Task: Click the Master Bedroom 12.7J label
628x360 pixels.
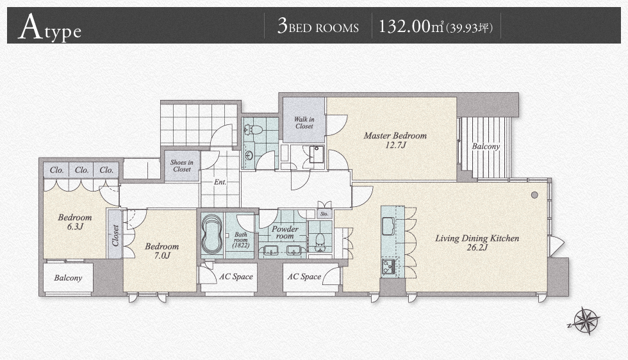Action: pyautogui.click(x=395, y=140)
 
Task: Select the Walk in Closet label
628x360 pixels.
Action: pyautogui.click(x=304, y=122)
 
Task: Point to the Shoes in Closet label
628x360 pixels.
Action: pyautogui.click(x=182, y=166)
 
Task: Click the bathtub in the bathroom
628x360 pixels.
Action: pyautogui.click(x=211, y=236)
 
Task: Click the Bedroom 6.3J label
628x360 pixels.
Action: pyautogui.click(x=75, y=222)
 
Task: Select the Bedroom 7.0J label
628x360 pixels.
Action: pyautogui.click(x=161, y=250)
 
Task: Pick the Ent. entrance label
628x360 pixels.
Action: pyautogui.click(x=220, y=182)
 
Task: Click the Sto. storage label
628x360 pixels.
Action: pyautogui.click(x=324, y=214)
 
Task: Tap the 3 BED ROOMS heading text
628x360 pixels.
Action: pyautogui.click(x=318, y=27)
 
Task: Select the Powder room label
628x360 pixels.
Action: pyautogui.click(x=285, y=233)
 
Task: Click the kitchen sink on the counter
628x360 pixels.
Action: pyautogui.click(x=388, y=226)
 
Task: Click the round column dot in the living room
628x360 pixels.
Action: pyautogui.click(x=534, y=195)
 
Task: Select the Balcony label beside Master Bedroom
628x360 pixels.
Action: pyautogui.click(x=486, y=147)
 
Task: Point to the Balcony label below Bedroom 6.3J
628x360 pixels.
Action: pyautogui.click(x=68, y=278)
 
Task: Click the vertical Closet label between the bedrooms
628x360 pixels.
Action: pyautogui.click(x=115, y=235)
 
